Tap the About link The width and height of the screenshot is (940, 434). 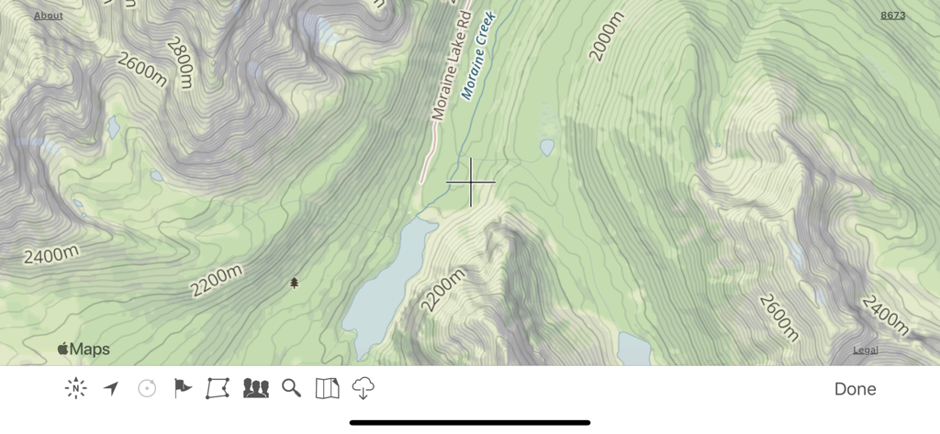[x=49, y=16]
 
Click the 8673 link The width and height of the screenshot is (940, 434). [x=892, y=16]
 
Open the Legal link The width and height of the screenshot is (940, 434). [x=865, y=350]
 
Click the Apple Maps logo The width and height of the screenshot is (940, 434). [x=84, y=349]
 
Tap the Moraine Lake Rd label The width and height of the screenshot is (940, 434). [x=451, y=62]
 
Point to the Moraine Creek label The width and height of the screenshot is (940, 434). [x=478, y=55]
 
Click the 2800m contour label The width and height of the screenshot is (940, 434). [x=181, y=62]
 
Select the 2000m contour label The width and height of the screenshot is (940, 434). [x=606, y=37]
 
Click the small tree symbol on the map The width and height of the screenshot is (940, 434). [x=295, y=283]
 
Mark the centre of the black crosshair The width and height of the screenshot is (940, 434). [x=471, y=182]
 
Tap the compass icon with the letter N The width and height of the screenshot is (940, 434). [x=76, y=388]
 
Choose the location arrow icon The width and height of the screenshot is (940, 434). [x=111, y=388]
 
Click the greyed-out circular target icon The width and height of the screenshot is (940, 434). [x=147, y=388]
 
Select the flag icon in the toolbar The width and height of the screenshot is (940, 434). [x=183, y=388]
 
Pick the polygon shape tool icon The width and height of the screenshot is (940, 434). [x=218, y=388]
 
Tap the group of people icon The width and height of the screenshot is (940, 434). [x=255, y=388]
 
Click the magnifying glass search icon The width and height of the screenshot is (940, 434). [x=291, y=388]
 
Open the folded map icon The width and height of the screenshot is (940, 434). [x=327, y=388]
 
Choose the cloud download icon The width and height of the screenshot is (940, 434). [x=364, y=388]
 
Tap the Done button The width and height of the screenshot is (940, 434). [x=855, y=389]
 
